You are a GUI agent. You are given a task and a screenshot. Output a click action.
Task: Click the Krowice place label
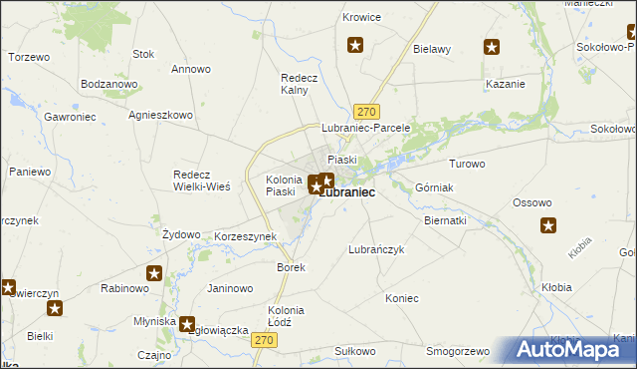tap(362, 18)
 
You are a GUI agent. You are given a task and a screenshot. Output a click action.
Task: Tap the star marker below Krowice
tap(354, 44)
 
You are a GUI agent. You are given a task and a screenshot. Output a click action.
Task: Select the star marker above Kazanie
tap(492, 46)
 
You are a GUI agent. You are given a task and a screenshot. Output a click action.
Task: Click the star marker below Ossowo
tap(548, 225)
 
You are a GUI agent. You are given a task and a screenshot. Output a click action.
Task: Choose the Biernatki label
tap(445, 220)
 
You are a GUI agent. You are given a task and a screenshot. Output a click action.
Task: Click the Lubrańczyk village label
tap(376, 250)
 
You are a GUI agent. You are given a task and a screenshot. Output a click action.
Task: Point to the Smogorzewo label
tap(459, 352)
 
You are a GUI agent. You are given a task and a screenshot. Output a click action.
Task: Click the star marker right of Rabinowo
tap(154, 273)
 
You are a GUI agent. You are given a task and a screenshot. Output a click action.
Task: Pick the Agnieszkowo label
tap(160, 115)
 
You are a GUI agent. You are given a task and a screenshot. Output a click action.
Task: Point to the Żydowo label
tap(181, 233)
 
